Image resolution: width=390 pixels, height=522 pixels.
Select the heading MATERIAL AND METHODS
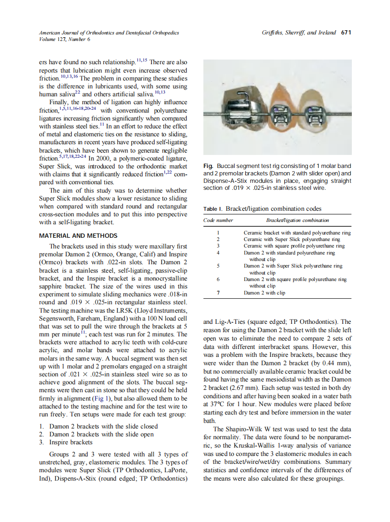[x=78, y=235]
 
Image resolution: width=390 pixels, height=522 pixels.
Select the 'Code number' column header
[x=218, y=220]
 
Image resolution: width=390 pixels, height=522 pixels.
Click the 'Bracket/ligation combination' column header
[x=297, y=220]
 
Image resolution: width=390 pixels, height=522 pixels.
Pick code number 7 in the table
[x=218, y=293]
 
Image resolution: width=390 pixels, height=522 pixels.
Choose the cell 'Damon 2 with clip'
[x=264, y=293]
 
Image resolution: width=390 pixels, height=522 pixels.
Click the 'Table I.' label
[x=212, y=209]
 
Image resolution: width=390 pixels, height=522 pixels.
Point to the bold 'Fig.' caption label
[x=208, y=166]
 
